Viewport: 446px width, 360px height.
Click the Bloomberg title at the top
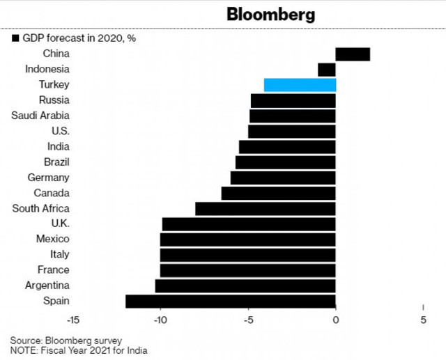coord(270,15)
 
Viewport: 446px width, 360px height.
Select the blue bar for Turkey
coord(300,85)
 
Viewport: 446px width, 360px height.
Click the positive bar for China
coord(353,54)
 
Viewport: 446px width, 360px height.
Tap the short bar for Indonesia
coord(327,70)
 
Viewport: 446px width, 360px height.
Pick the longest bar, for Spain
coord(231,301)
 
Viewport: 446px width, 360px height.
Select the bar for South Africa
coord(266,208)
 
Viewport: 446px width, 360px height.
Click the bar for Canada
coord(279,193)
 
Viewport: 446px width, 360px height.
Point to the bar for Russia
coord(293,100)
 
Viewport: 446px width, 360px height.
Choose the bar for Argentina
coord(245,285)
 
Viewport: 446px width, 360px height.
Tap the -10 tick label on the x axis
coord(160,320)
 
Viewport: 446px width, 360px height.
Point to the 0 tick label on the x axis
coord(336,320)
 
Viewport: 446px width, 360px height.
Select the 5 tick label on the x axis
coord(423,320)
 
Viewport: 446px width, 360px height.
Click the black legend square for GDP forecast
coord(15,38)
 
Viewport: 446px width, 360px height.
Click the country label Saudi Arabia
coord(40,116)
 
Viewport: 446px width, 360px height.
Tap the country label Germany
coord(48,178)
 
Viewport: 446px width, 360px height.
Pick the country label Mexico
coord(52,239)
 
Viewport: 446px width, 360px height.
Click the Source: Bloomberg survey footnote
coord(66,340)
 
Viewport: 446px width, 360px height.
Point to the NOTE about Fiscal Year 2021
coord(78,350)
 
